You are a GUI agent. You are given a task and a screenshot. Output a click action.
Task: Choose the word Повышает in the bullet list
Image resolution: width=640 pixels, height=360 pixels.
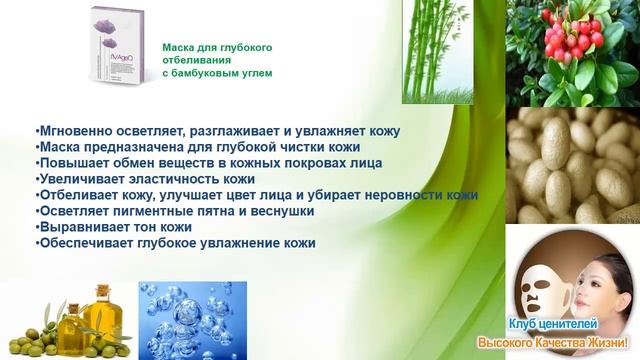pos(68,163)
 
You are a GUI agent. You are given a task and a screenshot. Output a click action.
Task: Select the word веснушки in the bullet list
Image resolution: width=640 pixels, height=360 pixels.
pos(284,211)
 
